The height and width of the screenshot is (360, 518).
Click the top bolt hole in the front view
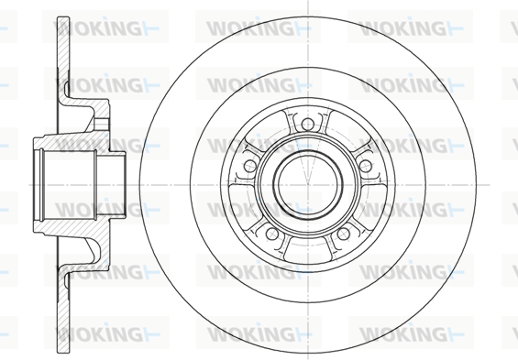coord(307,125)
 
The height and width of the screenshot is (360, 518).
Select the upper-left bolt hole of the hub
coord(250,166)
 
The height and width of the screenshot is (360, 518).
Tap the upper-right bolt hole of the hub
coord(365,166)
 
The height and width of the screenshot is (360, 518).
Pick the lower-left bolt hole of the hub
coord(272,234)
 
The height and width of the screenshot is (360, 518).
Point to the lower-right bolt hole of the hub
coord(343,234)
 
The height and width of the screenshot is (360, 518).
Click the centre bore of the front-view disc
coord(307,185)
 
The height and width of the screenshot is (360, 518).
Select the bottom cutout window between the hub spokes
coord(307,251)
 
